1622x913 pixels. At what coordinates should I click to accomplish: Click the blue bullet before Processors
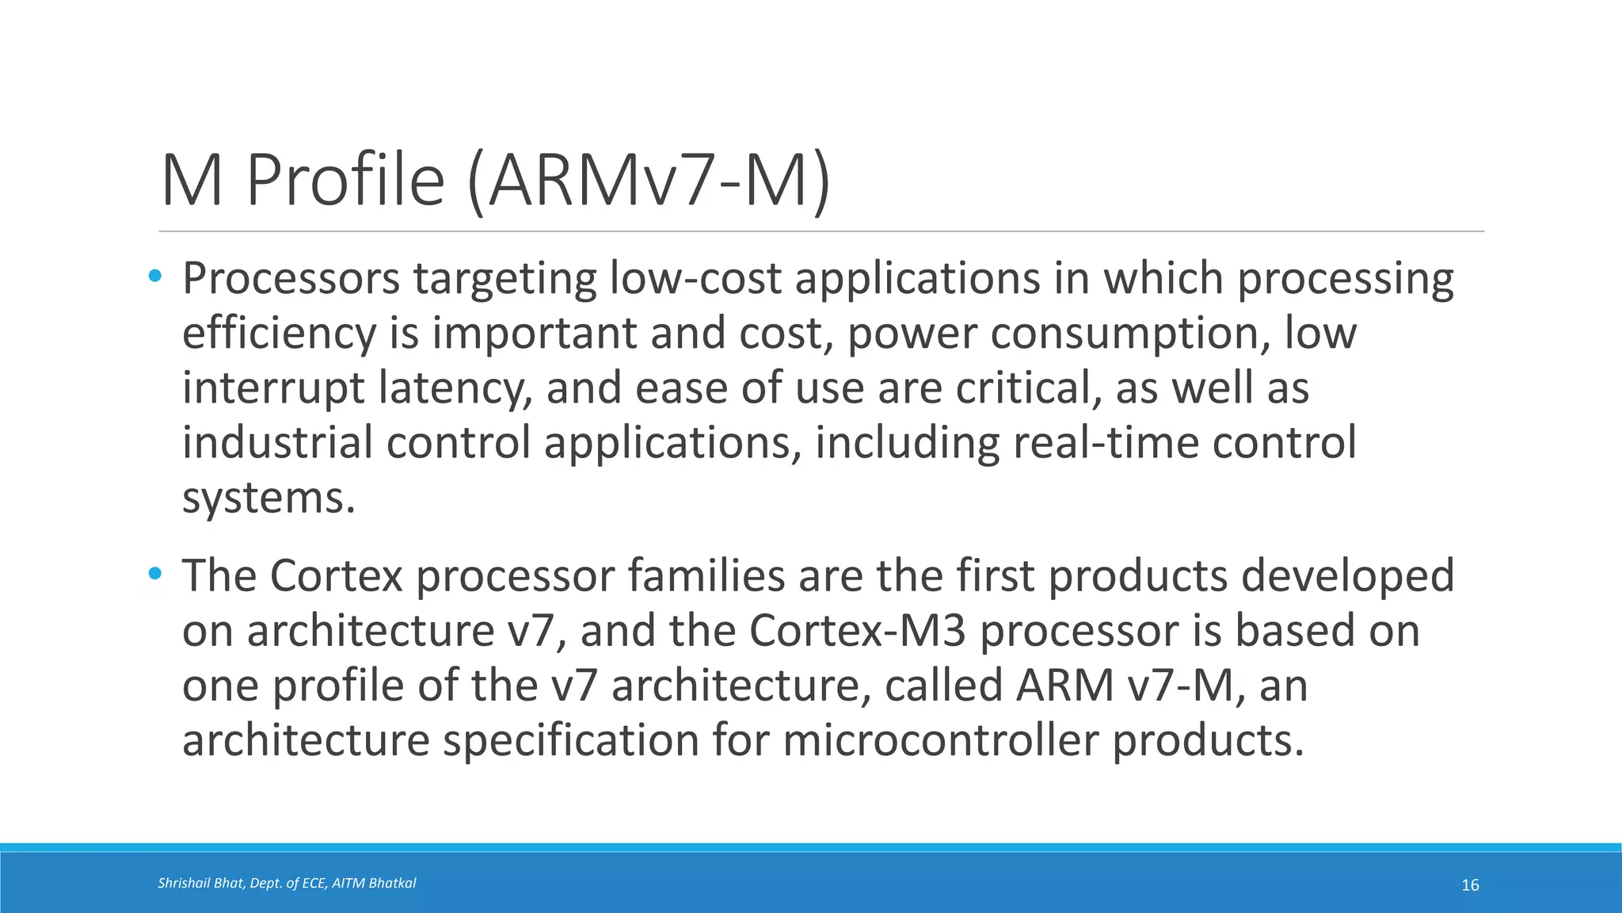click(x=154, y=277)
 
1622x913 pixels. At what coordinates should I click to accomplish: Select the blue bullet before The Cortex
click(x=154, y=573)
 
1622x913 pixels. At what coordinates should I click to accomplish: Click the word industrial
click(x=277, y=442)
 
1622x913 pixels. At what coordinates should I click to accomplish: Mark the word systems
click(x=268, y=499)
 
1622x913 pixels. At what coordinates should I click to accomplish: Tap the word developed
click(x=1347, y=577)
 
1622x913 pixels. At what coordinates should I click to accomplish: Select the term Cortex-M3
click(x=858, y=631)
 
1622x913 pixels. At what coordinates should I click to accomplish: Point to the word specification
click(x=569, y=741)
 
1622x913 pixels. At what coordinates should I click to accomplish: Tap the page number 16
click(x=1470, y=885)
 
